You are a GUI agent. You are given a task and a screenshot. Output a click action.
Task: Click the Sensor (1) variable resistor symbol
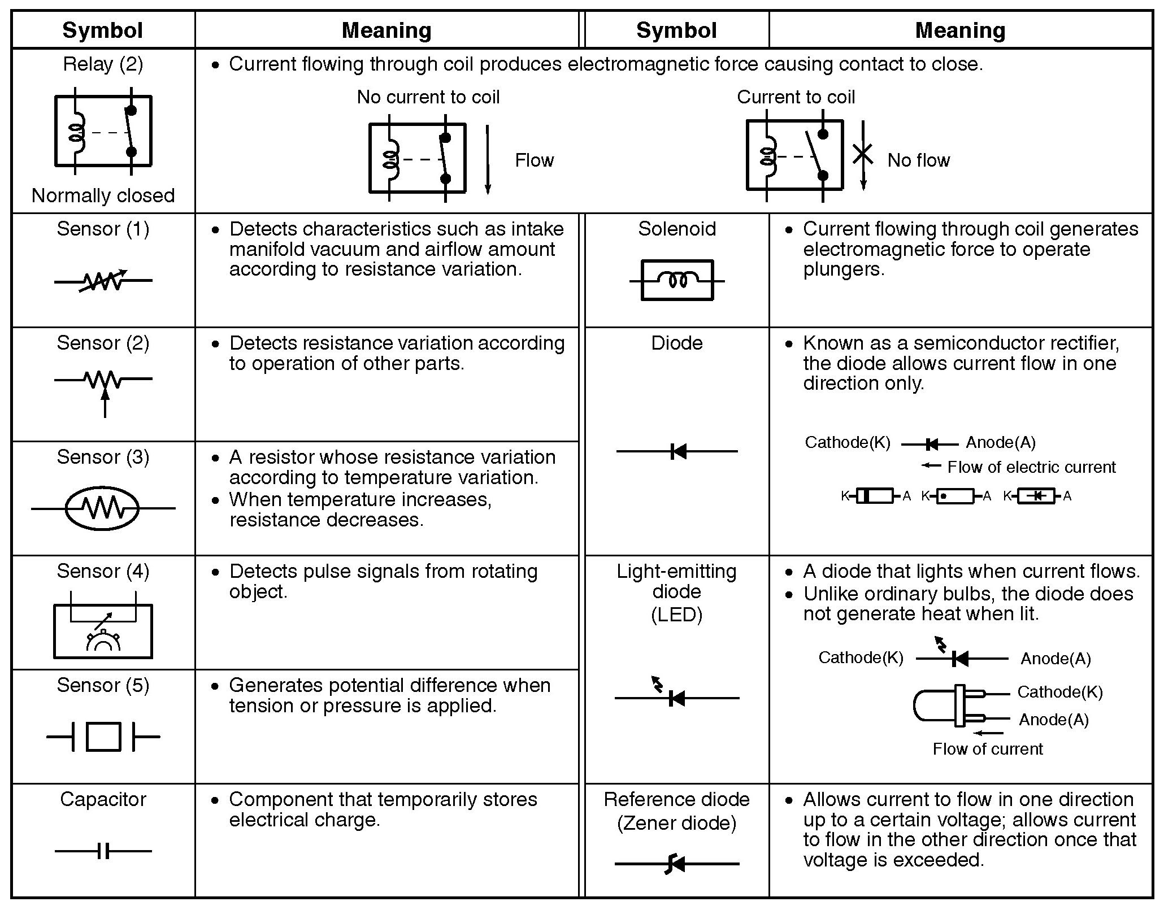tap(103, 280)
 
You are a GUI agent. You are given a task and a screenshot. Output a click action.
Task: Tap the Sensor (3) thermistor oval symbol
tap(103, 508)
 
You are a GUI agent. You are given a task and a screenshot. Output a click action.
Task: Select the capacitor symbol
tap(103, 851)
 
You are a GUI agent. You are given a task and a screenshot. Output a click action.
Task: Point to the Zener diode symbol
tap(676, 864)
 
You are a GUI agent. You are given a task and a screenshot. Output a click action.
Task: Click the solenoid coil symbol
tap(677, 280)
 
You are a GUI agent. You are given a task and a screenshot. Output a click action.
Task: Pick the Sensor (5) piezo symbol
tap(103, 737)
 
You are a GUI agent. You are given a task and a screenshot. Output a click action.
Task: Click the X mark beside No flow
tap(862, 153)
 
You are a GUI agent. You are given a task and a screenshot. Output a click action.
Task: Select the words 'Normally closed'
tap(103, 195)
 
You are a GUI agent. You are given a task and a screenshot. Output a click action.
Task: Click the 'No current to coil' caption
tap(428, 97)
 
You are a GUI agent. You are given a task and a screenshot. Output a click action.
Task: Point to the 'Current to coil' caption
tap(796, 97)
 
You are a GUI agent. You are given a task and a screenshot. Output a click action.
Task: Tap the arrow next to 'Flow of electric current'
tap(931, 465)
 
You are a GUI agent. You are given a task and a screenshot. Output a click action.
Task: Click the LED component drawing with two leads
tap(949, 706)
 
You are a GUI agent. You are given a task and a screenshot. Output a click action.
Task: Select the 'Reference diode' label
tap(676, 799)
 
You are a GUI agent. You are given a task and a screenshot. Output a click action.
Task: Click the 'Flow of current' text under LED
tap(987, 749)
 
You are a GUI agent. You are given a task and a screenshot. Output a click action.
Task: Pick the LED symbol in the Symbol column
tap(676, 695)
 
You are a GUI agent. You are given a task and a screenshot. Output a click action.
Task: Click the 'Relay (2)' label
tap(103, 64)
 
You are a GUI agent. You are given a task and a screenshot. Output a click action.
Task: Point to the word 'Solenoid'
tap(676, 229)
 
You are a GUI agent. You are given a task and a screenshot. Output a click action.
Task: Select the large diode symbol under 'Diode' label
tap(677, 451)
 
